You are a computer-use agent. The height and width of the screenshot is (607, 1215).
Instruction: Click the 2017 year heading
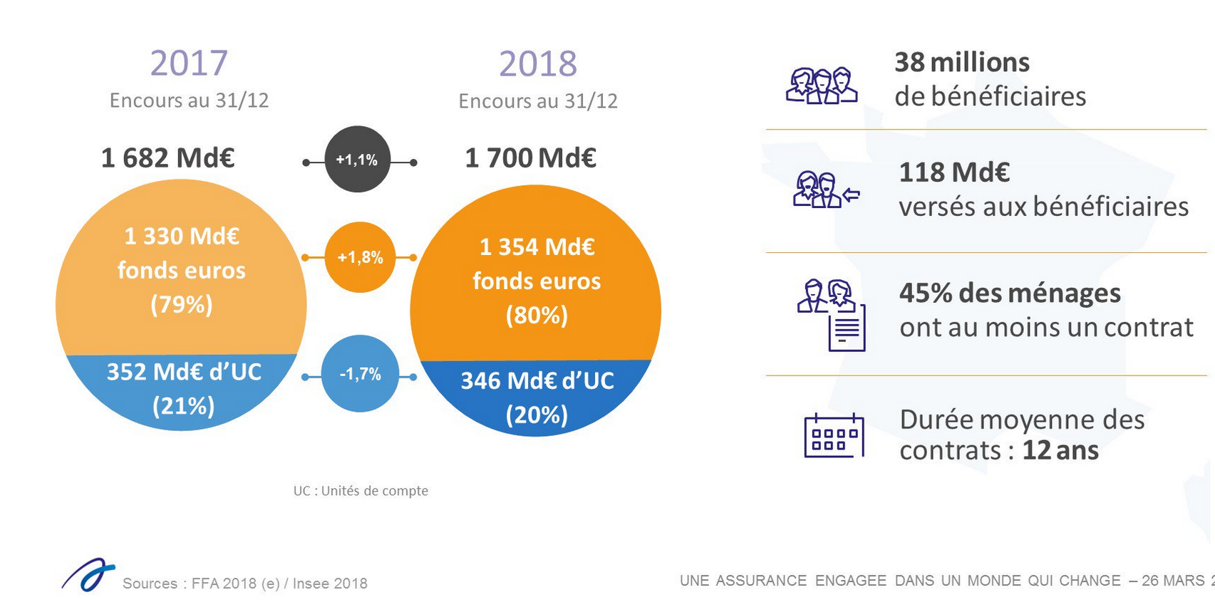pos(189,63)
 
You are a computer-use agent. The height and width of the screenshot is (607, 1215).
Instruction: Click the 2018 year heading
pos(538,64)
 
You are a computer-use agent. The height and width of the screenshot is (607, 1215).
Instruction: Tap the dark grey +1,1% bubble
pos(357,160)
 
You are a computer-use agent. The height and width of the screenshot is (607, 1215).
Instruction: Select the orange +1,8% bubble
pos(360,257)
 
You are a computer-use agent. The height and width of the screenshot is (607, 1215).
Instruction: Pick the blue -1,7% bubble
pos(360,374)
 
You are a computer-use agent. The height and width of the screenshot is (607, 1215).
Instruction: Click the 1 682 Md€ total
pos(168,157)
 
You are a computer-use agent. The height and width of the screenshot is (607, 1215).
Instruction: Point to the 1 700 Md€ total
pos(530,157)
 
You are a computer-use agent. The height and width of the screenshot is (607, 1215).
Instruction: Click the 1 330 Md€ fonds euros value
pos(182,236)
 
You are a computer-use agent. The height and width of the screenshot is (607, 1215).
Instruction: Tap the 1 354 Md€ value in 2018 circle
pos(537,247)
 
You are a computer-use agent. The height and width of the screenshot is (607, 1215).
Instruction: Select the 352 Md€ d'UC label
pos(184,372)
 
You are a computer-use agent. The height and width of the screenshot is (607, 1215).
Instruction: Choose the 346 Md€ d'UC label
pos(537,381)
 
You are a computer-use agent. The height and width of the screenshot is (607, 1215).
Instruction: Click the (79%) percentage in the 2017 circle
pos(182,305)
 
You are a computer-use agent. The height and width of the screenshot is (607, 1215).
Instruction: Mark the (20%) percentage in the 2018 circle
pos(537,415)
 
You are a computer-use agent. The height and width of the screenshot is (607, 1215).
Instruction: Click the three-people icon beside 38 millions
pos(822,86)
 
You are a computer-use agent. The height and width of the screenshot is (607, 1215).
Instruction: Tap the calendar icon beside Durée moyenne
pos(834,435)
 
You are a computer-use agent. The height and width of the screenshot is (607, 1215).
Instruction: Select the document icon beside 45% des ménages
pos(847,328)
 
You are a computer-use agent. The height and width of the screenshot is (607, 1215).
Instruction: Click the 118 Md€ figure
pos(954,172)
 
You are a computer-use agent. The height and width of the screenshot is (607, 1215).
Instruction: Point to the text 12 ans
pos(1060,451)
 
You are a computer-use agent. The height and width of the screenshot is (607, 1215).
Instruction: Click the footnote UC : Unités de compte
pos(361,491)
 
